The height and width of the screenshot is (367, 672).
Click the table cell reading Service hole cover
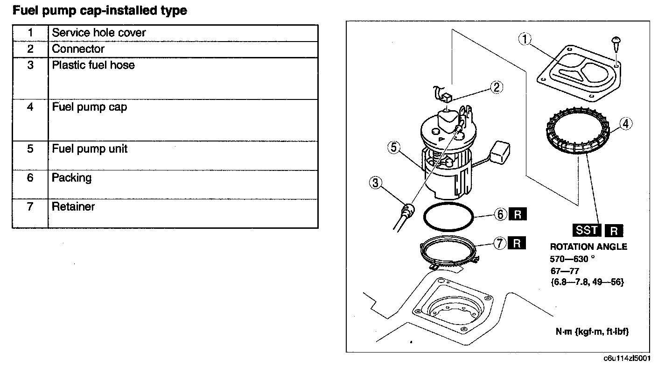point(98,33)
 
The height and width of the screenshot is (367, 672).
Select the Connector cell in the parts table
point(78,49)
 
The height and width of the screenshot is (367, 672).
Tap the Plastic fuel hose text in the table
point(93,65)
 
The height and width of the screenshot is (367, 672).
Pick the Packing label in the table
point(71,178)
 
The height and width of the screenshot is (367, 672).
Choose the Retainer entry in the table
point(73,206)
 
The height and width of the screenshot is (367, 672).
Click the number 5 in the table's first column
point(30,149)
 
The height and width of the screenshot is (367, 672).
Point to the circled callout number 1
point(525,40)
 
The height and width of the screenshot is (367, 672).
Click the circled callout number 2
point(496,87)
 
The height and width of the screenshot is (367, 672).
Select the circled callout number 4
point(625,124)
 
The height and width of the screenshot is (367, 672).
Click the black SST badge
point(587,230)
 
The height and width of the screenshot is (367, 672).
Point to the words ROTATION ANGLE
point(588,247)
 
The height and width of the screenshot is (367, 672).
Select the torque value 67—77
point(565,271)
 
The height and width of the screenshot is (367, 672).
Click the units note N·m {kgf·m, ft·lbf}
point(592,332)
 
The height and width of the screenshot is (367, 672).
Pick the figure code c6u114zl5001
point(627,359)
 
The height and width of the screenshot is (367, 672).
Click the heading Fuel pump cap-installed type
point(99,11)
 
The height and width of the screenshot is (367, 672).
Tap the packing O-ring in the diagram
point(448,217)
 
